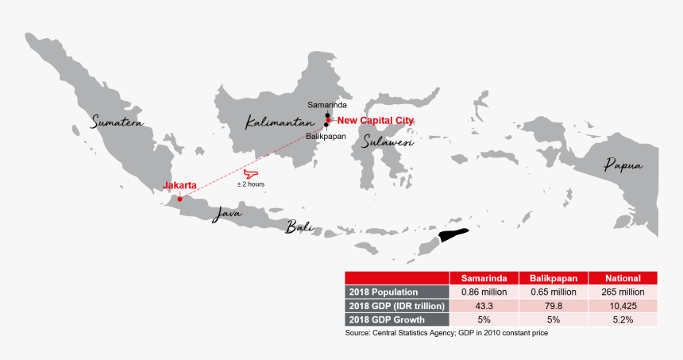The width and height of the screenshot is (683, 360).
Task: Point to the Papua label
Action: [623, 165]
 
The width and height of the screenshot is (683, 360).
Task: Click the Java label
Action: [226, 213]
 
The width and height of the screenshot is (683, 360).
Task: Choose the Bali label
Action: [299, 228]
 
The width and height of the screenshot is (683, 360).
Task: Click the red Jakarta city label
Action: [179, 186]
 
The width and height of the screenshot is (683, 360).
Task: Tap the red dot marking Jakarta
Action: [179, 199]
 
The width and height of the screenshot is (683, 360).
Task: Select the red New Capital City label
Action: [376, 120]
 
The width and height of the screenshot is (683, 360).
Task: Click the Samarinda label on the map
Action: [327, 105]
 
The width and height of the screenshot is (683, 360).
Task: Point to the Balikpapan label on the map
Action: [326, 137]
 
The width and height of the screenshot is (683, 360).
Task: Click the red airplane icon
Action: [251, 172]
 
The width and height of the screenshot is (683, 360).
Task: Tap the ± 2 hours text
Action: [251, 184]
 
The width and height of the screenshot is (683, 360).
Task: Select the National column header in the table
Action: [623, 278]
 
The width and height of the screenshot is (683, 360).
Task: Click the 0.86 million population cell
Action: [484, 292]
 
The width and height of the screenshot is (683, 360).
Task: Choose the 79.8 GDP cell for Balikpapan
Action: [554, 306]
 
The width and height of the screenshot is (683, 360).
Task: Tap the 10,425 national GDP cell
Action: [623, 306]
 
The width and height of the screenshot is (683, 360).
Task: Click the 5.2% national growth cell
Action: [623, 319]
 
